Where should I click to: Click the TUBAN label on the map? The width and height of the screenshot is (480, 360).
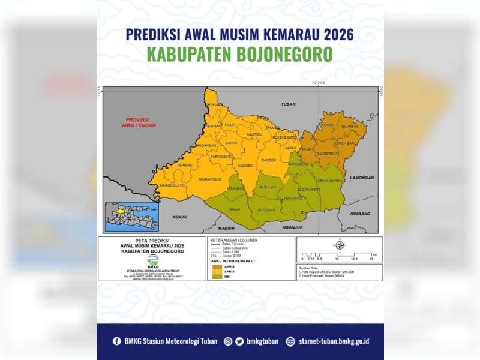tap(288, 104)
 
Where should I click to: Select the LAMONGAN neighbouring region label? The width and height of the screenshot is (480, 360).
tap(362, 178)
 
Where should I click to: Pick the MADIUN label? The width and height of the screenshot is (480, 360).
tap(226, 228)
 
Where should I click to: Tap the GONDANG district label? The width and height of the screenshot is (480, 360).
tap(266, 210)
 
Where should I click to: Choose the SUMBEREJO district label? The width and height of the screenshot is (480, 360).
tap(328, 154)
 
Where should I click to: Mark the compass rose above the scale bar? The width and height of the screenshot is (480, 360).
tap(339, 245)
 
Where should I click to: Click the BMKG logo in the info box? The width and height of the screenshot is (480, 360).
tap(153, 259)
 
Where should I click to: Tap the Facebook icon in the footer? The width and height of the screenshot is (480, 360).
tap(117, 341)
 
